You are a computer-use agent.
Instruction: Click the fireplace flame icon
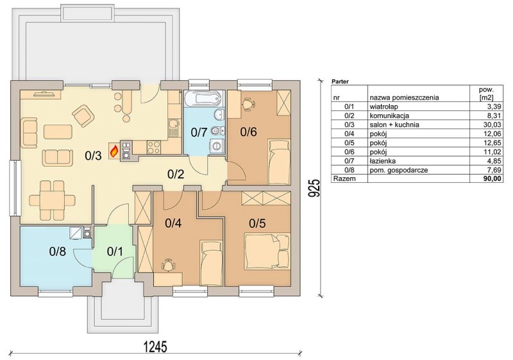tap(114, 151)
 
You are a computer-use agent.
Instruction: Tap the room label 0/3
tap(93, 156)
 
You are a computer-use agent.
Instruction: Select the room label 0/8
tap(58, 252)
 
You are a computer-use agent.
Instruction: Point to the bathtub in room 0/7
tap(203, 99)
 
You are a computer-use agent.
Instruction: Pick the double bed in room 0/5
tap(267, 251)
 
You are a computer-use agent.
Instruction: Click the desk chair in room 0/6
tap(248, 104)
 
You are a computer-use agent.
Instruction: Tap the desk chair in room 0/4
tap(167, 265)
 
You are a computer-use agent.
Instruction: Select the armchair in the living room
tap(84, 116)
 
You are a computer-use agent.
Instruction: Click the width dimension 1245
tap(155, 347)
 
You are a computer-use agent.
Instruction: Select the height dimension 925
tap(314, 188)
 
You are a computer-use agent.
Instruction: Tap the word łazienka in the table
tap(382, 161)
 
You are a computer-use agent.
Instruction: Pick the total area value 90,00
tap(493, 178)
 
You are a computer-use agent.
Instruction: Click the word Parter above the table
tap(340, 81)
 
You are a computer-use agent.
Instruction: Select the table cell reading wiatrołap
tap(383, 107)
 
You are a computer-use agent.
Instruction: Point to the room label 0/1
tap(115, 252)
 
